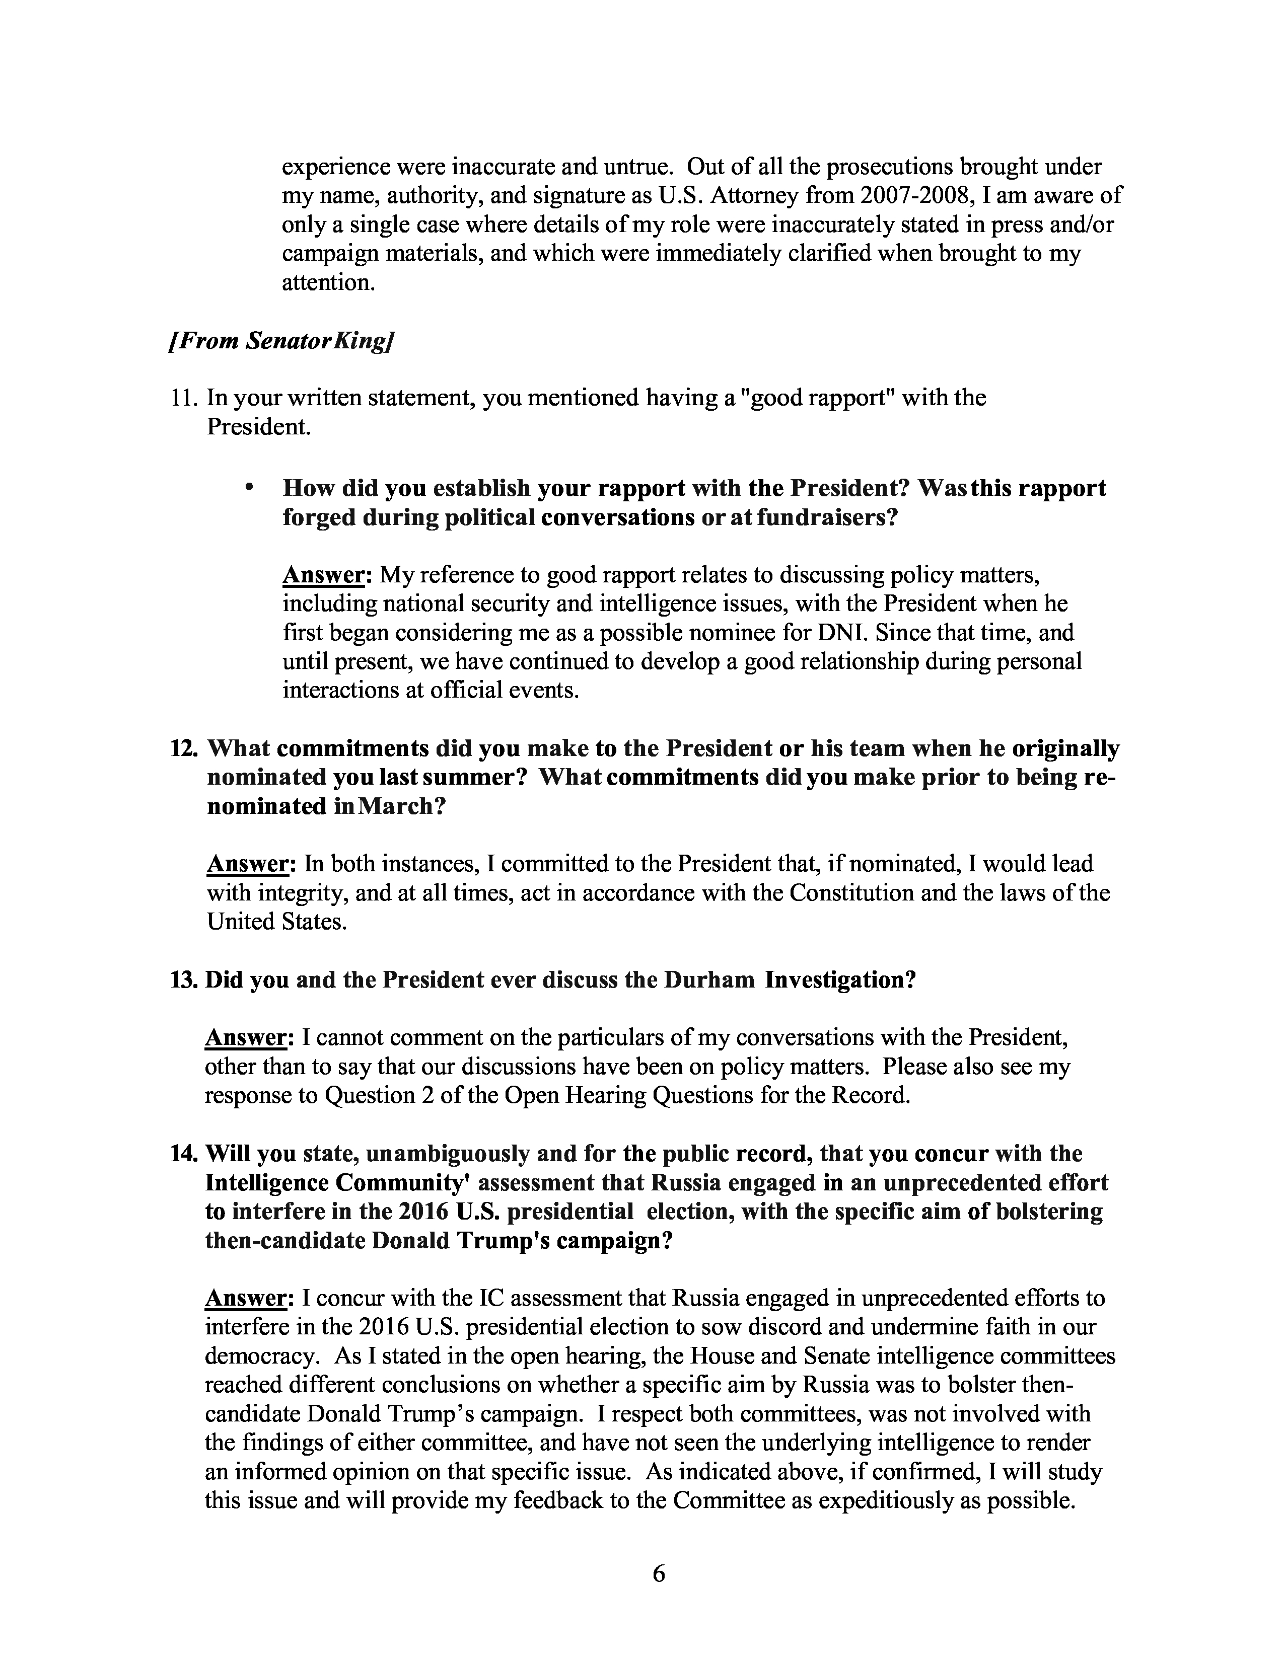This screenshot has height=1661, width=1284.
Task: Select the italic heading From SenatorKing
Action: [280, 341]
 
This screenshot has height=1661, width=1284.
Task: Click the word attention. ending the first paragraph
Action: [329, 283]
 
